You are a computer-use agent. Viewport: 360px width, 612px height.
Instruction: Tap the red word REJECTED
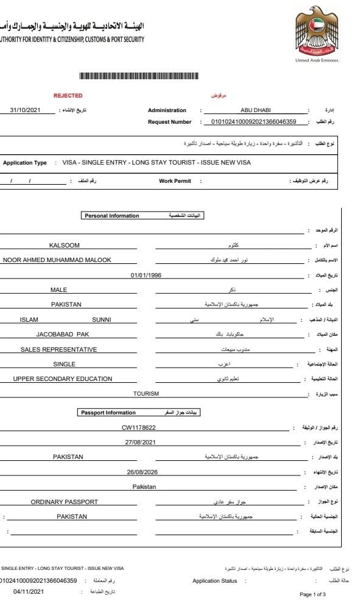[x=68, y=96]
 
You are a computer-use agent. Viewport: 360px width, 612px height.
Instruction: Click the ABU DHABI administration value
[x=258, y=110]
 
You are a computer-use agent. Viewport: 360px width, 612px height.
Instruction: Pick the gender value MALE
[x=59, y=290]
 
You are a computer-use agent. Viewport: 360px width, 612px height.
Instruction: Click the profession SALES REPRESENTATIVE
[x=59, y=349]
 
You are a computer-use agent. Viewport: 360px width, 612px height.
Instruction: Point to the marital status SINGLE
[x=64, y=364]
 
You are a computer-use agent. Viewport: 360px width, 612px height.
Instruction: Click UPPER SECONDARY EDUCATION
[x=63, y=379]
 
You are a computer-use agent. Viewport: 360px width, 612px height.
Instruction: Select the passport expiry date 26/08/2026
[x=142, y=472]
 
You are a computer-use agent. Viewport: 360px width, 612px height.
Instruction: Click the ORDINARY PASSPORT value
[x=65, y=502]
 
